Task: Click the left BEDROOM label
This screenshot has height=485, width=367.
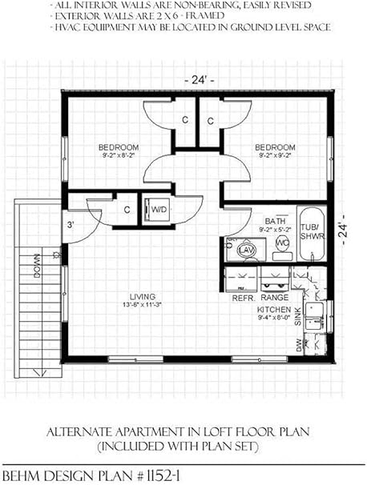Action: (119, 147)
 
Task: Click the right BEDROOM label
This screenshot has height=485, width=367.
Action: (275, 147)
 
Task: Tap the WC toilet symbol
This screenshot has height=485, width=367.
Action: (282, 242)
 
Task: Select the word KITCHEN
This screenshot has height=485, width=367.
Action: (272, 308)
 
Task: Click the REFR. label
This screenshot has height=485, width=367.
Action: (243, 297)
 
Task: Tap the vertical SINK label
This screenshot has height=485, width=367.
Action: (297, 321)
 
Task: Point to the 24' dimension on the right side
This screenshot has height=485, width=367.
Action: (345, 230)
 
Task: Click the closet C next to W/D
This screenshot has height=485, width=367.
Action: (127, 210)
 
